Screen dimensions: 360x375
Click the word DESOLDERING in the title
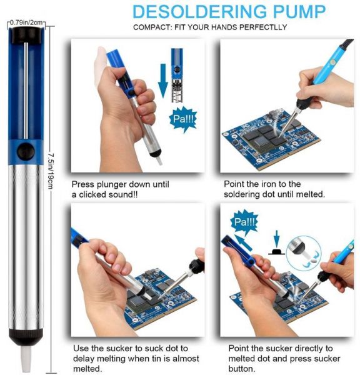[x=199, y=11]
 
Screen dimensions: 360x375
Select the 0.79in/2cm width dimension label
[x=26, y=22]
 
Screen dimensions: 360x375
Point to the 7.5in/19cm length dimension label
[x=51, y=171]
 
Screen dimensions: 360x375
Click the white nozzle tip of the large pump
[x=26, y=358]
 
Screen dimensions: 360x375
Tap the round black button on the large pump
[x=26, y=151]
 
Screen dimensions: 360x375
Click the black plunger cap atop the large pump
[x=26, y=35]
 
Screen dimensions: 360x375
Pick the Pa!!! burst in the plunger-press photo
[x=183, y=119]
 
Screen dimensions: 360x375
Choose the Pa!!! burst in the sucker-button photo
[x=244, y=222]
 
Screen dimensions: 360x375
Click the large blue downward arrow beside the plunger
[x=163, y=81]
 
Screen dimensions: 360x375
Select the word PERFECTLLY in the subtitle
[x=263, y=27]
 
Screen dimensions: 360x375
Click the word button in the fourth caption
[x=241, y=369]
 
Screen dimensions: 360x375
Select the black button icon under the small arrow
[x=276, y=252]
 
